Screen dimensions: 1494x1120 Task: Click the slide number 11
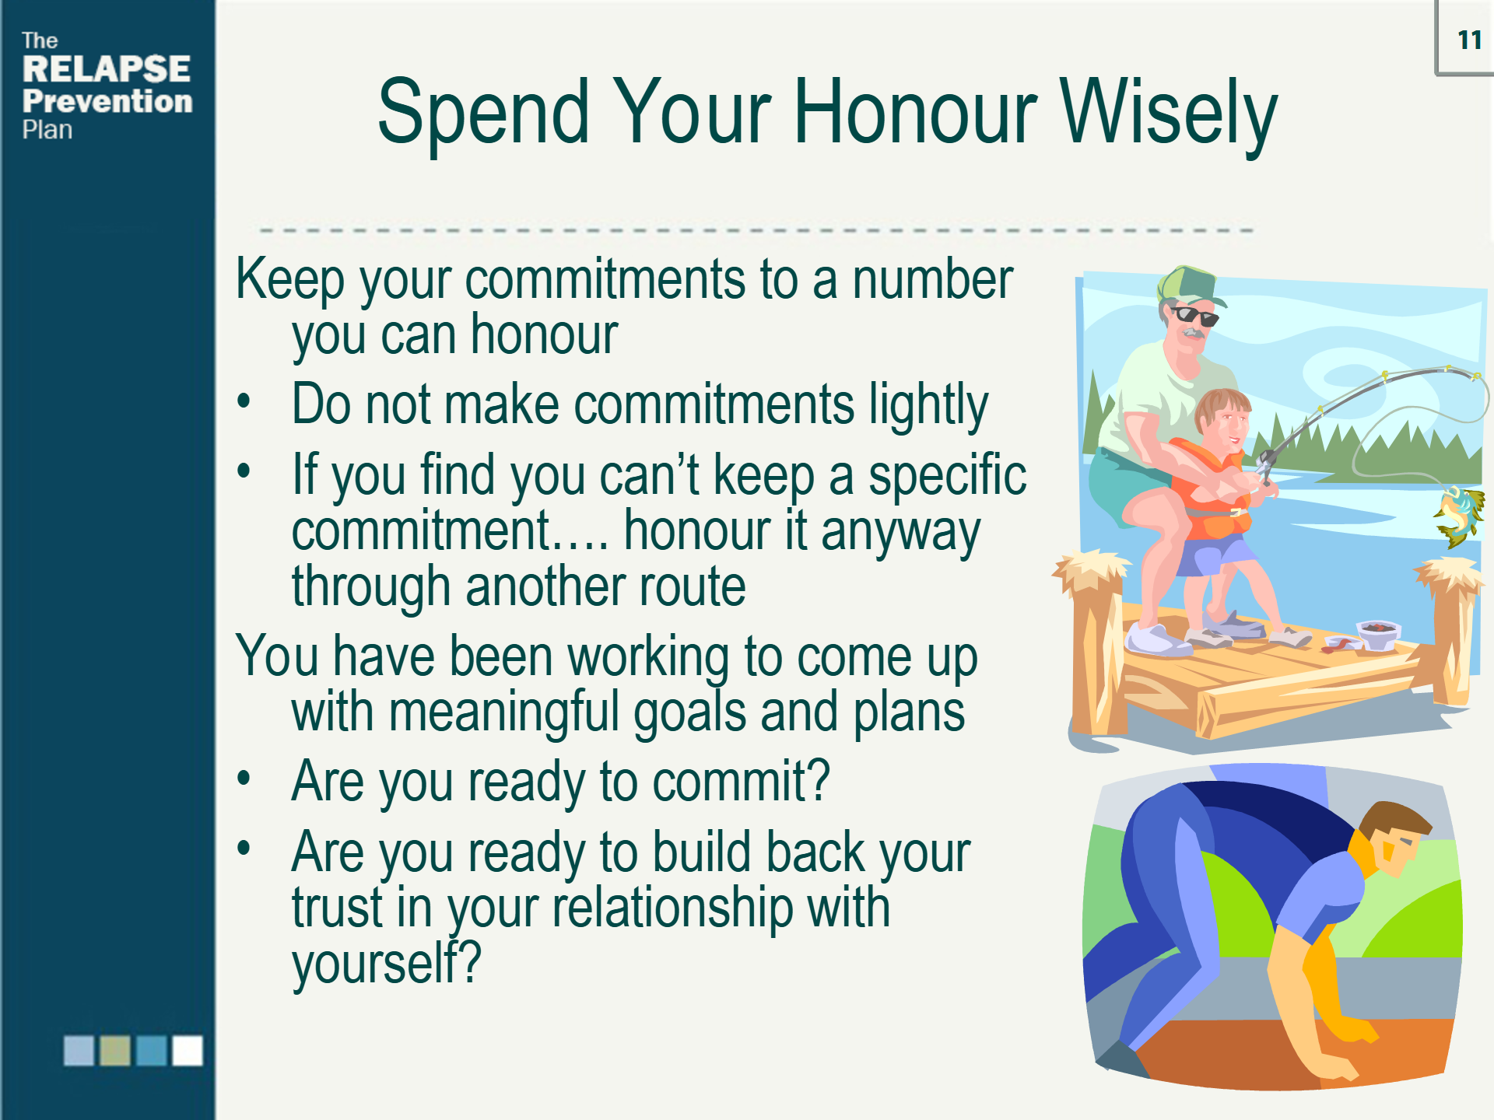pos(1469,40)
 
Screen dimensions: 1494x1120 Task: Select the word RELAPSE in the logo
pos(106,68)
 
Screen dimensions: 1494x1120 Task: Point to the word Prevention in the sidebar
pos(107,101)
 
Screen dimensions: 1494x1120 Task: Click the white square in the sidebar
pos(188,1050)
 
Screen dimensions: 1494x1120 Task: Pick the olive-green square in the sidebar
pos(115,1050)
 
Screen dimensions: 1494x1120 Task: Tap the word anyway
pos(900,533)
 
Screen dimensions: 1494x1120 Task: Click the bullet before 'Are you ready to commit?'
pos(244,778)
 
